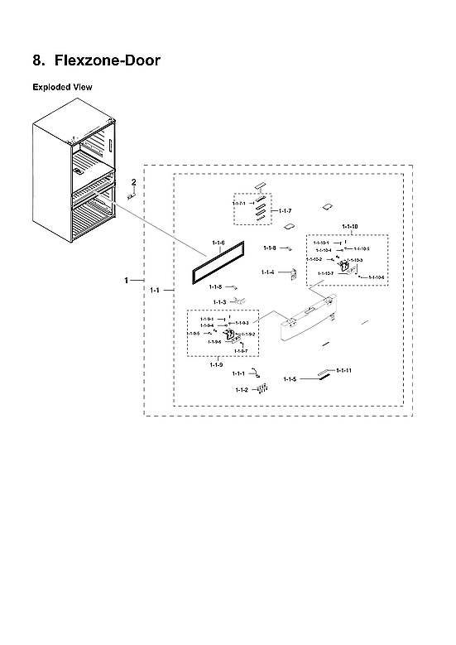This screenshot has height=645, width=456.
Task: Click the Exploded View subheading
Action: pos(62,86)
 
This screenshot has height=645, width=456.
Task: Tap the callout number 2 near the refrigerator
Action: pos(133,181)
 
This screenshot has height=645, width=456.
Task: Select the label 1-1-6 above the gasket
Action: pos(218,242)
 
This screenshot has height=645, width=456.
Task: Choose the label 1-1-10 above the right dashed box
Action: pos(349,227)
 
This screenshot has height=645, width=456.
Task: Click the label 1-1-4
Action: pos(267,272)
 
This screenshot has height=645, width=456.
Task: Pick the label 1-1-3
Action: pos(219,302)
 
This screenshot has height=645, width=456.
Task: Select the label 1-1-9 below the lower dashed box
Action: pos(216,365)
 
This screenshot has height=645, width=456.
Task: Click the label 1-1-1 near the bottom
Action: pos(238,374)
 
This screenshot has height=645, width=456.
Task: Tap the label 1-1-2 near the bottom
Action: pos(241,389)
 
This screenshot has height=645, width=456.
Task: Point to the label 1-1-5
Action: pos(290,378)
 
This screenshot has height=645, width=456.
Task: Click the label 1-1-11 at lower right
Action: pos(343,370)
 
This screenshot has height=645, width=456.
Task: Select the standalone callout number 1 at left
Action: pos(127,281)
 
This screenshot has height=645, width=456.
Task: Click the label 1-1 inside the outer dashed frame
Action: pos(155,291)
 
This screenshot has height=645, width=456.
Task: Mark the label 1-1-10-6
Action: pos(377,277)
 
